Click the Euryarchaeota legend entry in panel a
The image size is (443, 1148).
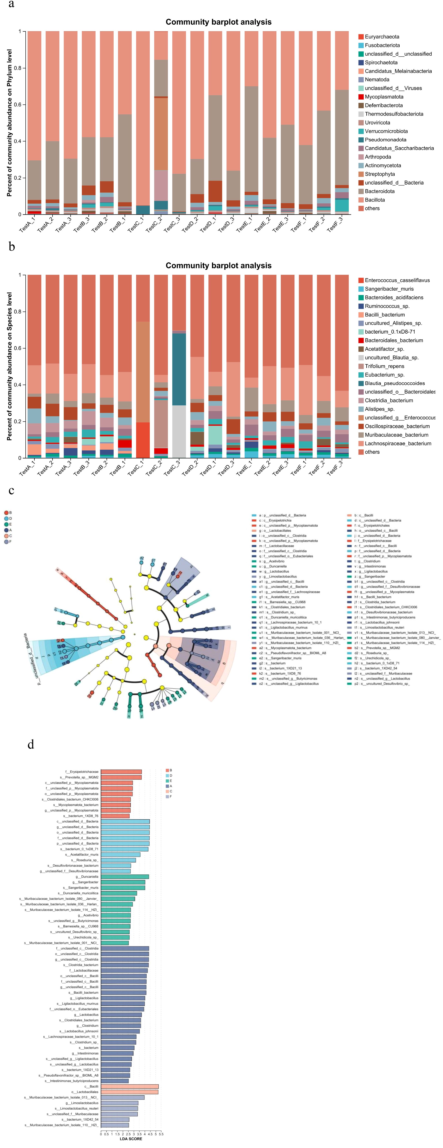pos(382,37)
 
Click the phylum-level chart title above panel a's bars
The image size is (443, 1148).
pos(219,22)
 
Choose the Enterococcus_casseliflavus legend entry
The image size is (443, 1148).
pos(397,280)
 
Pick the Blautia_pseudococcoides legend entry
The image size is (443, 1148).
pos(394,383)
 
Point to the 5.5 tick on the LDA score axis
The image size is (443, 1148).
pos(161,1134)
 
